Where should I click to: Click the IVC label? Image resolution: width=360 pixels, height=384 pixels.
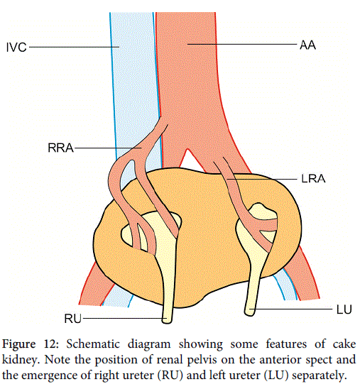pyautogui.click(x=16, y=48)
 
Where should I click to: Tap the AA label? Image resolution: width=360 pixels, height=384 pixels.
pyautogui.click(x=307, y=45)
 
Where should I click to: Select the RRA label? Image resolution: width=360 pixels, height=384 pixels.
pyautogui.click(x=60, y=148)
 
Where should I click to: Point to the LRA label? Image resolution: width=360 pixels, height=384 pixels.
pyautogui.click(x=313, y=179)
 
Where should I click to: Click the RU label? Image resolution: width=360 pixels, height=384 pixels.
pyautogui.click(x=72, y=319)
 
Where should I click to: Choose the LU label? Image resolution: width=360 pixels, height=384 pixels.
pyautogui.click(x=344, y=309)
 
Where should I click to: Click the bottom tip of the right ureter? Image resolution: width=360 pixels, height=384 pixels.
pyautogui.click(x=167, y=323)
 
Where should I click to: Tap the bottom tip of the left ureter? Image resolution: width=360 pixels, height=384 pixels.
pyautogui.click(x=250, y=315)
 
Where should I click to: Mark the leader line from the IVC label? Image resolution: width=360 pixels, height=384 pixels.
pyautogui.click(x=75, y=47)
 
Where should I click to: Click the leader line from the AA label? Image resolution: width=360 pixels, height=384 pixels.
pyautogui.click(x=242, y=44)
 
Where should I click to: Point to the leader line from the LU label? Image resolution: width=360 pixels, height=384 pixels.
pyautogui.click(x=290, y=309)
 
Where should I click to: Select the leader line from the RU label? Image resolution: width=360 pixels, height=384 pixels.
pyautogui.click(x=125, y=319)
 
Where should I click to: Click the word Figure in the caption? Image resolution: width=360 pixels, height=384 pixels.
pyautogui.click(x=19, y=344)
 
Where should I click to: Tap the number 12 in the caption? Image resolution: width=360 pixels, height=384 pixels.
pyautogui.click(x=51, y=344)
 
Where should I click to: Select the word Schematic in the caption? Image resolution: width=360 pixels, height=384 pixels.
pyautogui.click(x=93, y=344)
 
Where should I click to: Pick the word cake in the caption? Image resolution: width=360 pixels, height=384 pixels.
pyautogui.click(x=344, y=344)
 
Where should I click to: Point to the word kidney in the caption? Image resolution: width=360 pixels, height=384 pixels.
pyautogui.click(x=21, y=360)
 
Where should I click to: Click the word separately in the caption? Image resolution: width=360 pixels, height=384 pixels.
pyautogui.click(x=321, y=375)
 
